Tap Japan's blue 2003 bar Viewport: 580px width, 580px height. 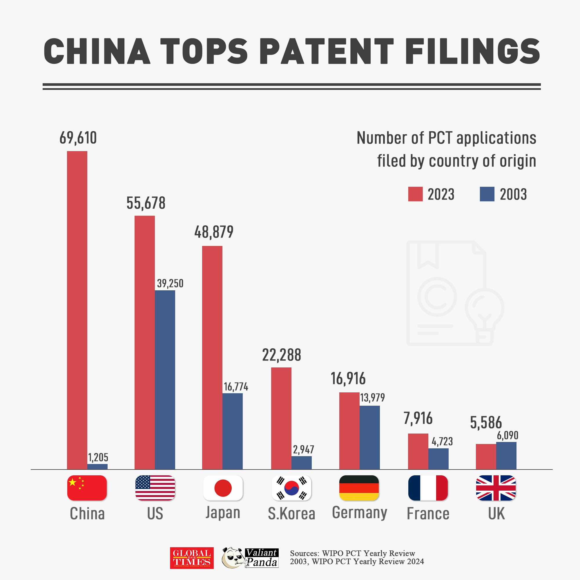click(x=232, y=431)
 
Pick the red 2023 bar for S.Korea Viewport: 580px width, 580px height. click(x=281, y=418)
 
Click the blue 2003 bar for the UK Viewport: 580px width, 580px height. click(x=506, y=455)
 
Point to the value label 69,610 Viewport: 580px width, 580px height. click(x=78, y=138)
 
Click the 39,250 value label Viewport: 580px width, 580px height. click(x=170, y=283)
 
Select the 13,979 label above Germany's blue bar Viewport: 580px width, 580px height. click(x=372, y=398)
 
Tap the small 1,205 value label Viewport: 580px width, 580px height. click(x=98, y=458)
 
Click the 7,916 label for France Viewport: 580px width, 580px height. click(x=418, y=418)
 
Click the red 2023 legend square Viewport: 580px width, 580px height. click(x=415, y=194)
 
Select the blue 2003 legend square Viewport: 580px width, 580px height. click(x=487, y=194)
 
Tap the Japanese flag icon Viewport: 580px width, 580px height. click(x=223, y=488)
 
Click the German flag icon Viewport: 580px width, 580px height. click(x=359, y=488)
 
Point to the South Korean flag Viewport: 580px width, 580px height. click(x=291, y=488)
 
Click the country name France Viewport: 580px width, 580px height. click(x=428, y=514)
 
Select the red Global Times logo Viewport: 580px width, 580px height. click(x=192, y=558)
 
